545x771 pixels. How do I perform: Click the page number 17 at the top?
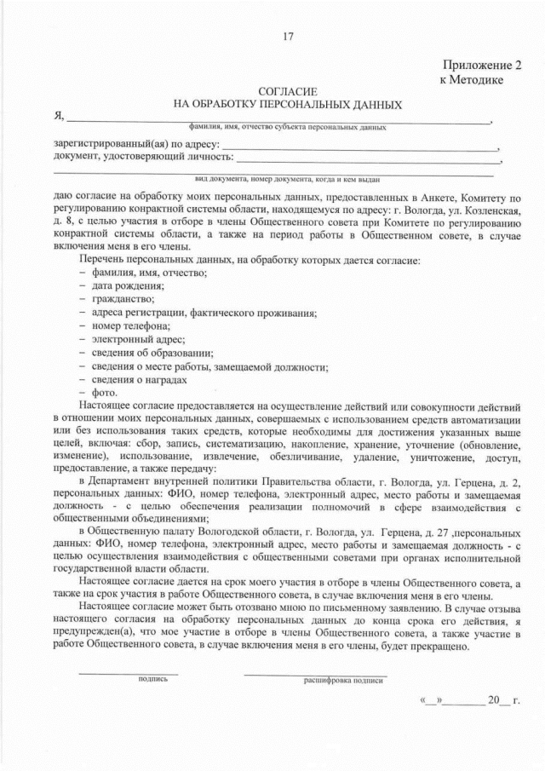pyautogui.click(x=287, y=35)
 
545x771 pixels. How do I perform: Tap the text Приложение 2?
pyautogui.click(x=481, y=65)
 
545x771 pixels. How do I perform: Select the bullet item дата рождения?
pyautogui.click(x=117, y=285)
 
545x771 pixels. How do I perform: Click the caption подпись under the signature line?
pyautogui.click(x=128, y=680)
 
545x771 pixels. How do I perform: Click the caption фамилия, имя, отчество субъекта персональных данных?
pyautogui.click(x=288, y=127)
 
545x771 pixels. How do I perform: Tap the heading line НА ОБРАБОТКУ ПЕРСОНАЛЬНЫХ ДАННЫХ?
pyautogui.click(x=287, y=104)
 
